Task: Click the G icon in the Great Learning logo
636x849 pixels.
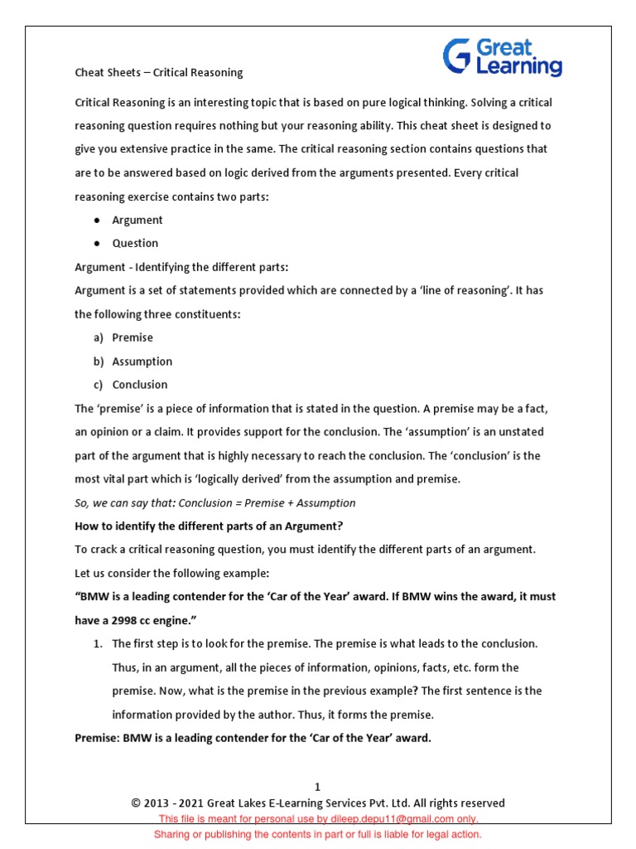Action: pyautogui.click(x=457, y=56)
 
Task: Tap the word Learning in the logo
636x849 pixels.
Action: pyautogui.click(x=519, y=66)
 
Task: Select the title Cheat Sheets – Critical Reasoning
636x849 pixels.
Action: pyautogui.click(x=159, y=72)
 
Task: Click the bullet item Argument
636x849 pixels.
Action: pyautogui.click(x=137, y=220)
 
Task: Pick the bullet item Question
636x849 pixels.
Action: pyautogui.click(x=135, y=243)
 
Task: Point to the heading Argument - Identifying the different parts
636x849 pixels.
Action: pyautogui.click(x=181, y=267)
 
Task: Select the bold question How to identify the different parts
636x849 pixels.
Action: pyautogui.click(x=209, y=526)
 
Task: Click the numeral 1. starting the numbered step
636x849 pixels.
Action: pyautogui.click(x=97, y=643)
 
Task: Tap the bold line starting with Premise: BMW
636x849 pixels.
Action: pyautogui.click(x=253, y=738)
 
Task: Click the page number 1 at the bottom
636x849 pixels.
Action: pyautogui.click(x=317, y=787)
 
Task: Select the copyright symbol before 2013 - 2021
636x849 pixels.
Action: pyautogui.click(x=136, y=803)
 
